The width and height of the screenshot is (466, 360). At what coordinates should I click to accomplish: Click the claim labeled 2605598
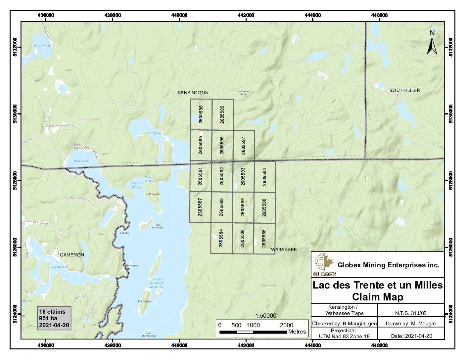click(x=201, y=114)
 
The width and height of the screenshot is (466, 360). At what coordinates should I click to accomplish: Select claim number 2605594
click(x=264, y=177)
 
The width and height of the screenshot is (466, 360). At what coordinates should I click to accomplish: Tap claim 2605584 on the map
click(x=221, y=238)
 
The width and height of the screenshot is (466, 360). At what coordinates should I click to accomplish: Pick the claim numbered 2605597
click(x=244, y=146)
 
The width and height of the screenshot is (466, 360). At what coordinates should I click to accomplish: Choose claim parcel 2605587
click(x=200, y=207)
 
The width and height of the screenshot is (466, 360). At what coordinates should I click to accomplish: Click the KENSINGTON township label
click(x=193, y=93)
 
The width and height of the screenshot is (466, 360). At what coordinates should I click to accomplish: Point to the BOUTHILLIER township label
click(x=404, y=90)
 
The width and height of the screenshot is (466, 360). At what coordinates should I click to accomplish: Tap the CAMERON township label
click(x=72, y=255)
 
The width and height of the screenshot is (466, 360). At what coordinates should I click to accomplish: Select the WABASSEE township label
click(x=284, y=249)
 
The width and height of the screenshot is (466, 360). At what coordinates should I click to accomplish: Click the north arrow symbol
click(x=432, y=43)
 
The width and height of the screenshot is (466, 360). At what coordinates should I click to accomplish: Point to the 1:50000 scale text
click(x=266, y=316)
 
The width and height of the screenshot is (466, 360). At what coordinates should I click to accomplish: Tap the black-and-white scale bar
click(x=253, y=332)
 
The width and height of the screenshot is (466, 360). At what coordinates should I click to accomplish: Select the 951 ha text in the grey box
click(x=48, y=318)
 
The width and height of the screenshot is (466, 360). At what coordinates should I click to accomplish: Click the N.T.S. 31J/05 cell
click(x=411, y=313)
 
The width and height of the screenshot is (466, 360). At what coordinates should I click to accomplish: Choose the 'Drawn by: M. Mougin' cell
click(x=411, y=324)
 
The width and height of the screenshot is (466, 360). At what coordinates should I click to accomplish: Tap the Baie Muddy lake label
click(x=42, y=46)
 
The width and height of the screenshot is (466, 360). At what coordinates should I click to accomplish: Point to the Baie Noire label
click(x=154, y=133)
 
